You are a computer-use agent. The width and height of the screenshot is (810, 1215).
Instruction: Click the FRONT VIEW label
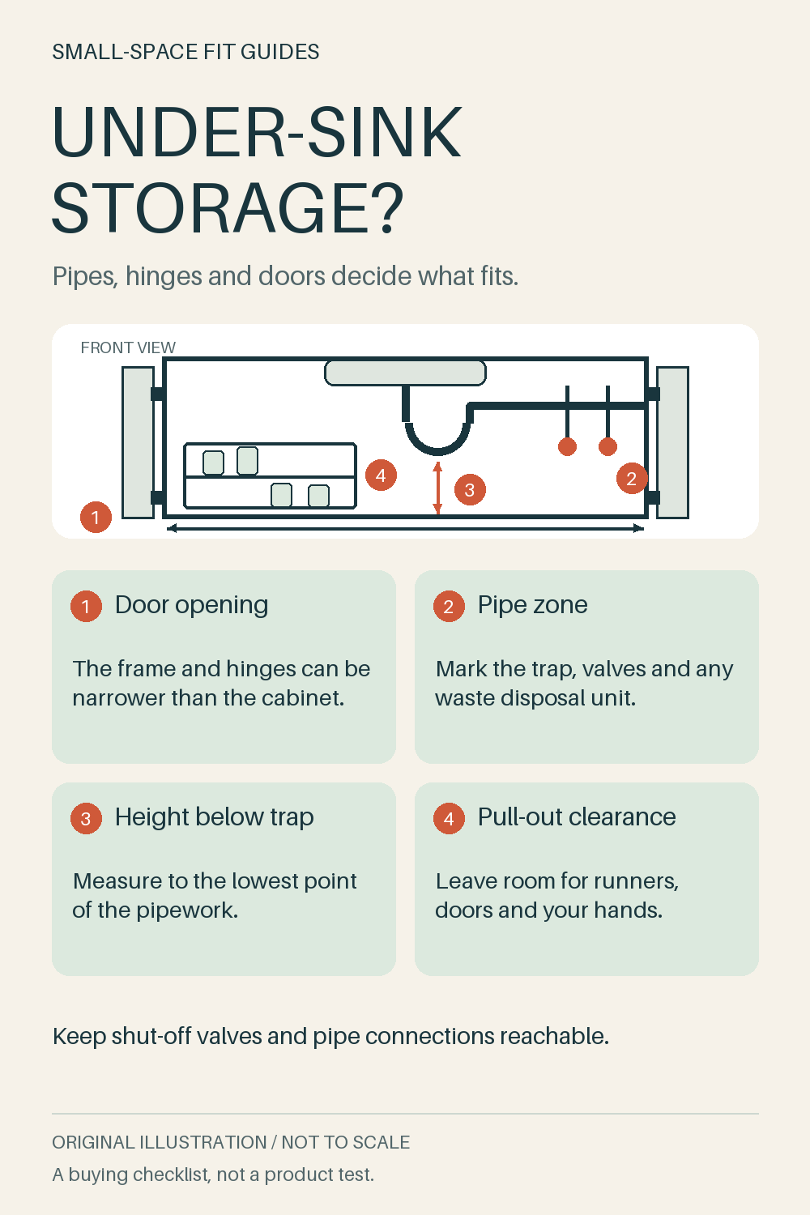pyautogui.click(x=128, y=347)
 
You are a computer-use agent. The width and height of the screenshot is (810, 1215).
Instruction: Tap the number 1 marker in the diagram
pyautogui.click(x=96, y=517)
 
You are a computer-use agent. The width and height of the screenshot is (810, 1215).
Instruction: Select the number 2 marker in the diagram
pyautogui.click(x=632, y=479)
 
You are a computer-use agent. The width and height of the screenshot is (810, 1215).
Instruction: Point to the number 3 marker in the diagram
pyautogui.click(x=470, y=489)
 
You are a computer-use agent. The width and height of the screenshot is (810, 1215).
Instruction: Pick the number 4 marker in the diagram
pyautogui.click(x=381, y=475)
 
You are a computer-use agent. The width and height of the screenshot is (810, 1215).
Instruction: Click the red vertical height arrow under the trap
pyautogui.click(x=437, y=488)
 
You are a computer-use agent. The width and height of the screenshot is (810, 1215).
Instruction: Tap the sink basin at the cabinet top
pyautogui.click(x=405, y=373)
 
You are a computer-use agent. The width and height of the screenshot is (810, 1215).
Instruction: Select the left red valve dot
pyautogui.click(x=567, y=446)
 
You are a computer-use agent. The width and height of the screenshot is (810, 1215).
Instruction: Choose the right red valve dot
pyautogui.click(x=607, y=446)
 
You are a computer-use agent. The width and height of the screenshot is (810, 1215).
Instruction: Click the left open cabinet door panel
pyautogui.click(x=138, y=442)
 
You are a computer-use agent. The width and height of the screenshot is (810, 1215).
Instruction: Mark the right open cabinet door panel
pyautogui.click(x=673, y=442)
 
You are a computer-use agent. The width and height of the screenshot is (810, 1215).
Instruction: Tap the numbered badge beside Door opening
pyautogui.click(x=86, y=606)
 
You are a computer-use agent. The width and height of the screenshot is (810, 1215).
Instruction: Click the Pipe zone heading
pyautogui.click(x=532, y=605)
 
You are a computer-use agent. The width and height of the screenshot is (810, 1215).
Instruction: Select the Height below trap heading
pyautogui.click(x=215, y=816)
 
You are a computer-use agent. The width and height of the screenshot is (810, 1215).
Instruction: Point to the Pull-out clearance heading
pyautogui.click(x=577, y=816)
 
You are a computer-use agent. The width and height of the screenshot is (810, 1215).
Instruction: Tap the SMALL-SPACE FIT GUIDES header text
pyautogui.click(x=185, y=52)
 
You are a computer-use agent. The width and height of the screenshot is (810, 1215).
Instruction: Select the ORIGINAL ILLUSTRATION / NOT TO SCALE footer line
pyautogui.click(x=231, y=1142)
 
